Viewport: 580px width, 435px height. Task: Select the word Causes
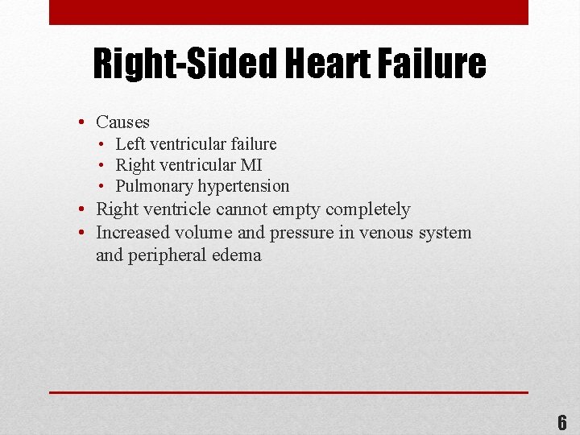pos(122,122)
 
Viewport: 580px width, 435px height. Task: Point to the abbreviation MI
pos(251,165)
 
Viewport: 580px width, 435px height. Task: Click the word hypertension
pos(244,186)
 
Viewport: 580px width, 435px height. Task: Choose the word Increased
pos(130,233)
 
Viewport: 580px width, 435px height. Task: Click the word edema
pos(237,255)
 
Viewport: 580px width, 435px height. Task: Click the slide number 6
pos(562,421)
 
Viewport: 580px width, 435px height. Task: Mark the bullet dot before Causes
pos(83,123)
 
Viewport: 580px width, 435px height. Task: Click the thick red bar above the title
pos(288,12)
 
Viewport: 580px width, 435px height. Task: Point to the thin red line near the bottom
pos(288,392)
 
